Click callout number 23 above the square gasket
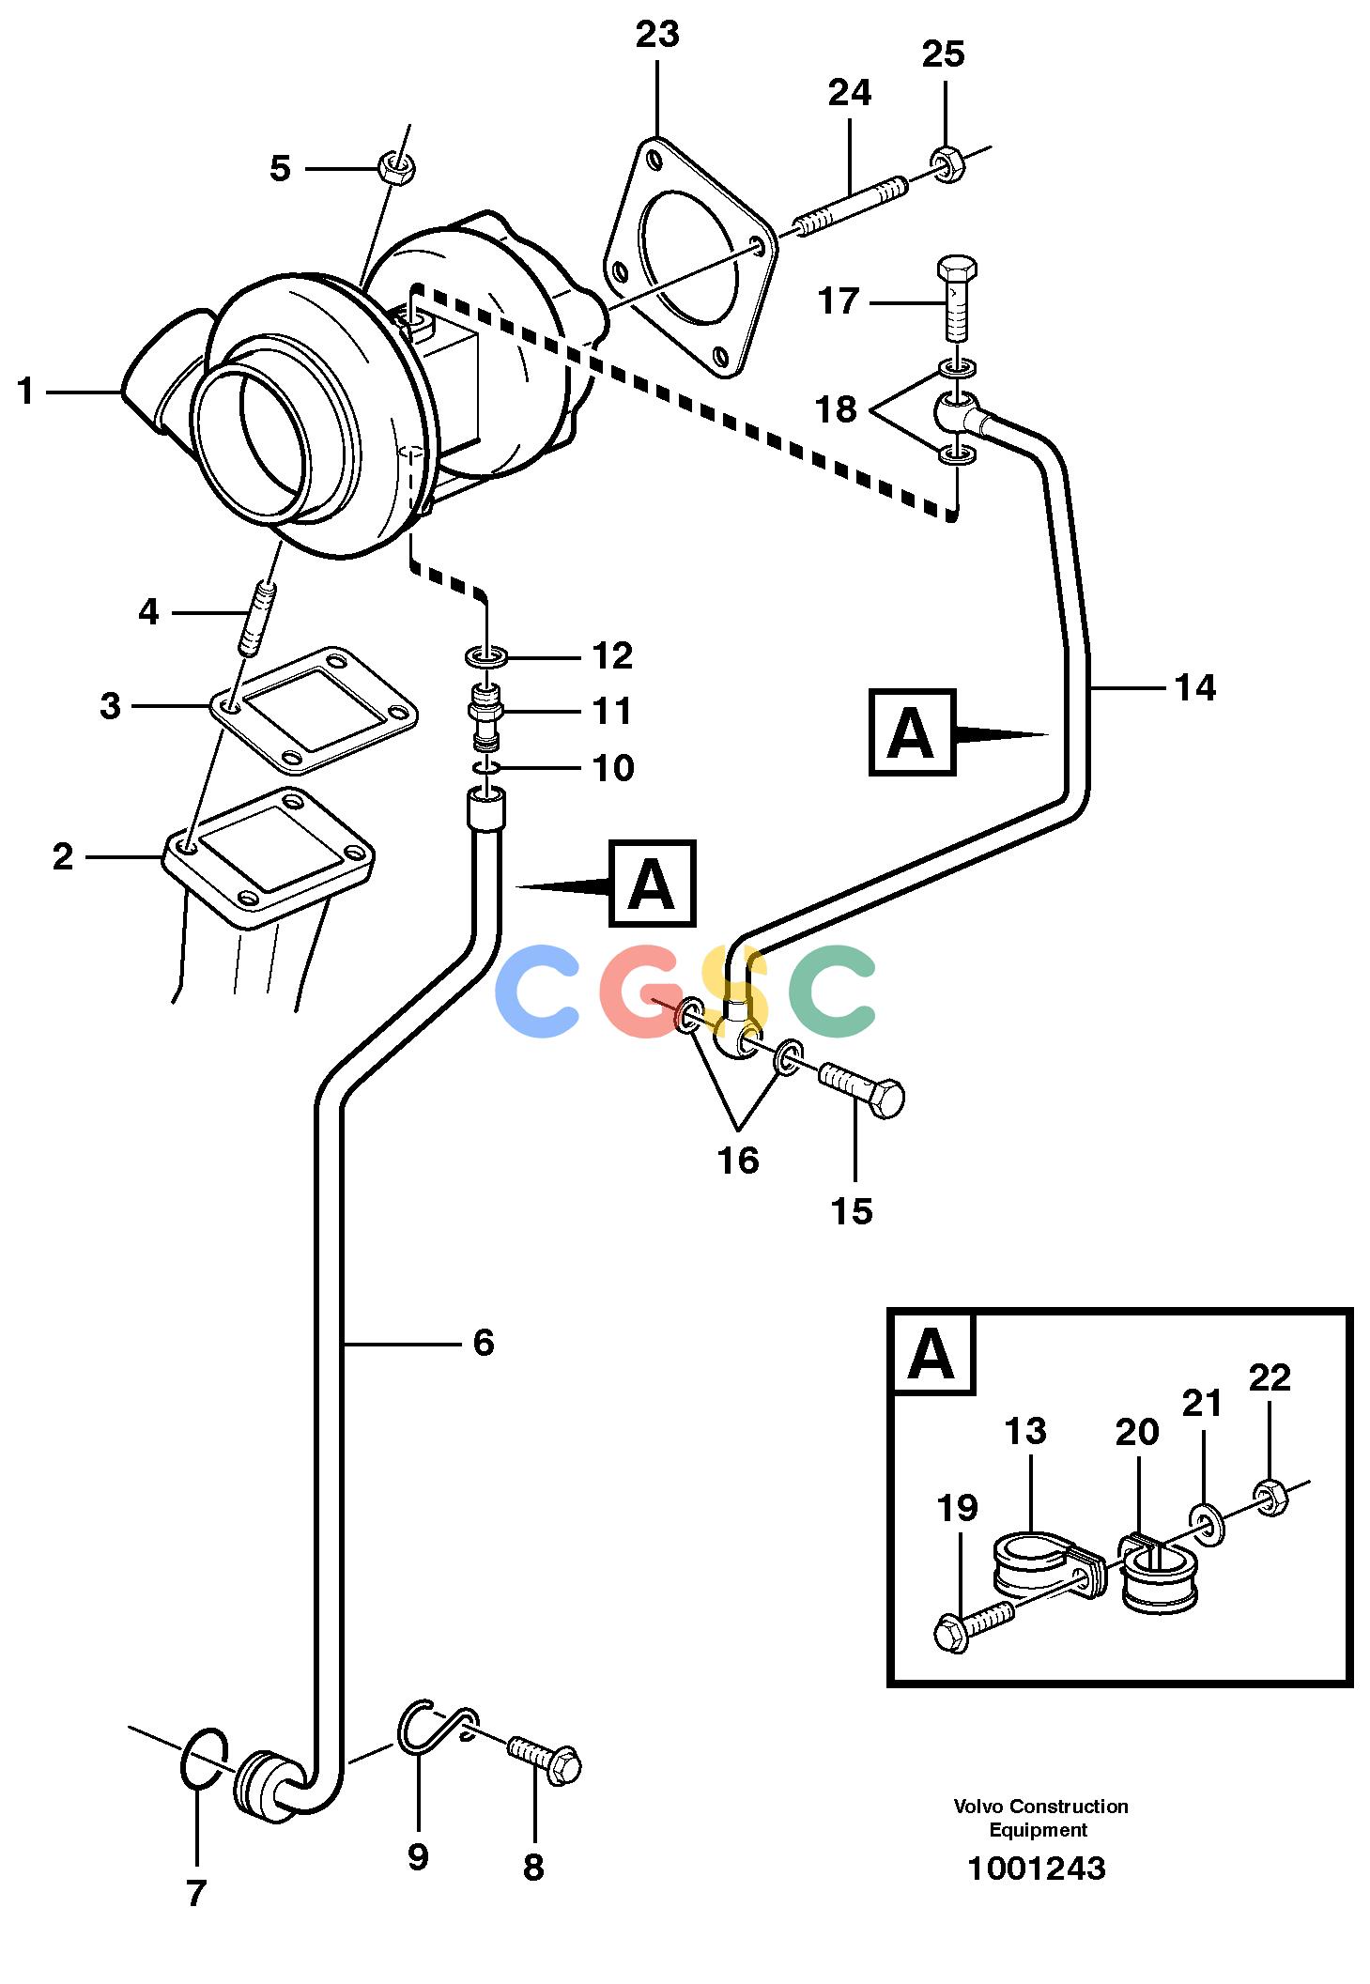pyautogui.click(x=656, y=34)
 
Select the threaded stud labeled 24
pyautogui.click(x=852, y=205)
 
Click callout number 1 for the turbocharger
pyautogui.click(x=25, y=391)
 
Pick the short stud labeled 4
pyautogui.click(x=256, y=619)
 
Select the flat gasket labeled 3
pyautogui.click(x=313, y=709)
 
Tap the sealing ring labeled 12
pyautogui.click(x=486, y=654)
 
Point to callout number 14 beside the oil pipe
pyautogui.click(x=1195, y=687)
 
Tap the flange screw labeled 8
pyautogui.click(x=545, y=1760)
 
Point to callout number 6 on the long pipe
pyautogui.click(x=484, y=1342)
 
